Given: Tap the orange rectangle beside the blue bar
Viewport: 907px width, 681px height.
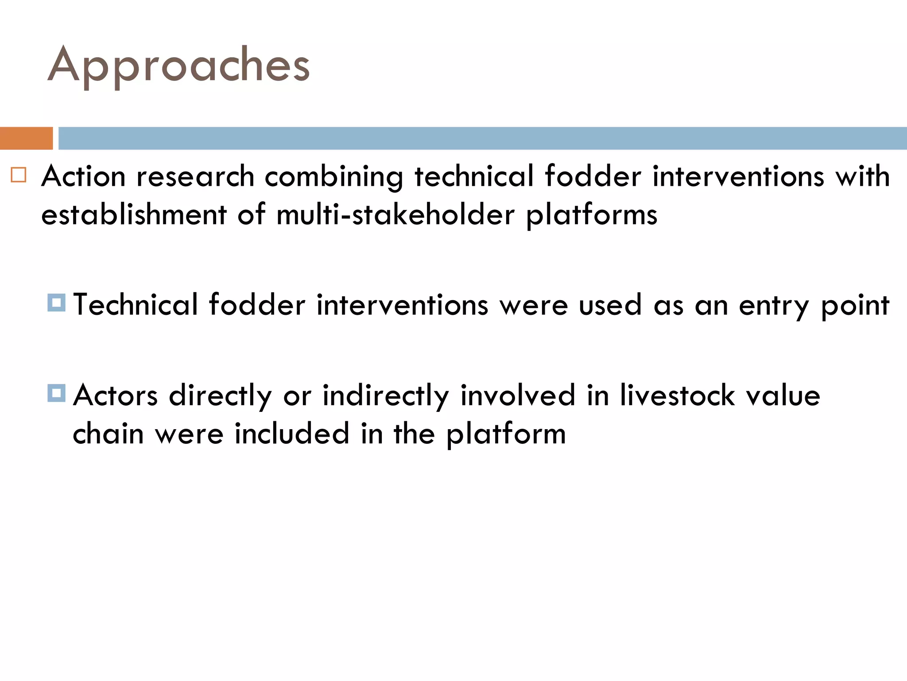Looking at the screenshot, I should click(x=26, y=138).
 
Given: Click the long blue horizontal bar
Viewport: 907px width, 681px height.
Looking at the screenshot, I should click(x=482, y=138).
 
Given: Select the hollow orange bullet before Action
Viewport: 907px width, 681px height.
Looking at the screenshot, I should click(x=19, y=175).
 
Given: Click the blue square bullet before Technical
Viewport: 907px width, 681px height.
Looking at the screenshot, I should click(x=57, y=303).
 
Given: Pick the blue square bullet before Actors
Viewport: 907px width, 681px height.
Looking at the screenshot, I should click(x=57, y=393).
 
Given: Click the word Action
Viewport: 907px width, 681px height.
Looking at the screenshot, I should click(x=83, y=176).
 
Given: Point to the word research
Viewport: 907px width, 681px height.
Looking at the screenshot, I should click(x=195, y=176).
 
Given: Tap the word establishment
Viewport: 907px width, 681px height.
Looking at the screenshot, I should click(x=134, y=215).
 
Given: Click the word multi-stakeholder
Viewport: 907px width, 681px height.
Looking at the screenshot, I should click(x=395, y=215).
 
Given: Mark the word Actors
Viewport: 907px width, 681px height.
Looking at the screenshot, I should click(x=116, y=395).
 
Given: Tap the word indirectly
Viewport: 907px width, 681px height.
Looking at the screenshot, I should click(x=386, y=395).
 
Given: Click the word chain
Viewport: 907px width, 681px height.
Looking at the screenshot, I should click(x=108, y=434).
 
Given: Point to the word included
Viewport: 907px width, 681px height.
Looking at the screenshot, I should click(x=292, y=434).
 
